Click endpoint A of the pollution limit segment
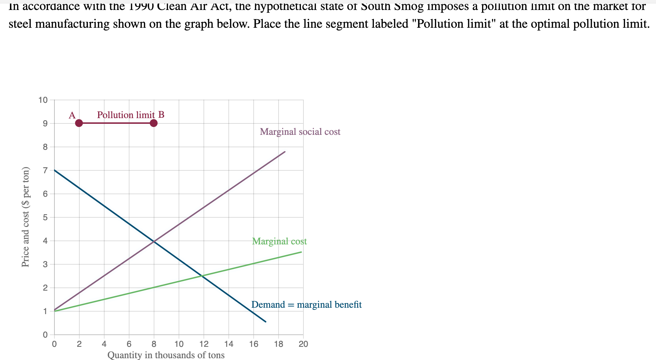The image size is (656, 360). point(79,123)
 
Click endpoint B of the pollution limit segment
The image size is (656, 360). point(154,123)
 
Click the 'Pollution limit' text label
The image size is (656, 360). point(126,115)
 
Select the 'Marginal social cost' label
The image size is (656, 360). point(300,132)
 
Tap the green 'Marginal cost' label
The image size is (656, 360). point(279,241)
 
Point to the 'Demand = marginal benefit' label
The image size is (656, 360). point(306,305)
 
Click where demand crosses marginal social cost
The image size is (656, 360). point(154,242)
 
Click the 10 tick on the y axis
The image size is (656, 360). point(43,100)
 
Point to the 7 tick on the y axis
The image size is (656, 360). point(45,170)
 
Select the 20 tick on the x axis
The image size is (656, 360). point(303,344)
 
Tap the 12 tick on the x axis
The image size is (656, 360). point(203,344)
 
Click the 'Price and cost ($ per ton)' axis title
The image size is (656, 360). point(25,217)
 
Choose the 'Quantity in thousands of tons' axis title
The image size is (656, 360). point(166,355)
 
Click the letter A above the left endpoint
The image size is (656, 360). point(72,115)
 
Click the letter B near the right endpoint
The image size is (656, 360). point(161,115)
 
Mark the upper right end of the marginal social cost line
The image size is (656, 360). point(285,152)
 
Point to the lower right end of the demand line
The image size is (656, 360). point(266,322)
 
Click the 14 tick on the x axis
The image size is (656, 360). point(228,344)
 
